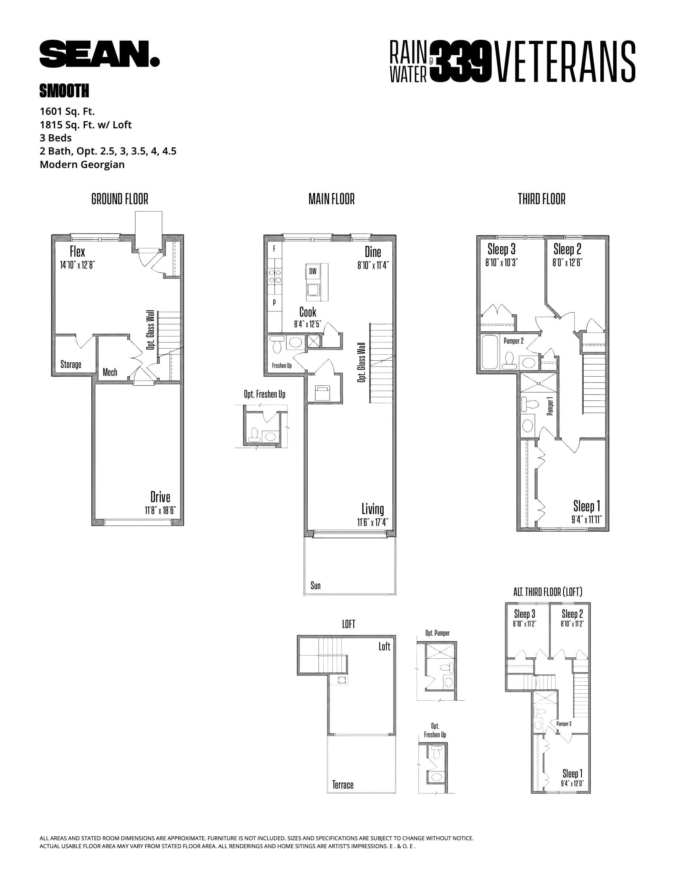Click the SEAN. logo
[x=99, y=54]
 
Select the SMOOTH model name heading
[x=64, y=91]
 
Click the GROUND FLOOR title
[x=120, y=199]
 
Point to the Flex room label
[x=77, y=252]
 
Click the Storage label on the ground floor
[x=71, y=364]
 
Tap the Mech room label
[x=110, y=372]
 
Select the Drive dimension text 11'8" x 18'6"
[x=160, y=510]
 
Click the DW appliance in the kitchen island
[x=313, y=271]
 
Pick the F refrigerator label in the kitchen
[x=274, y=249]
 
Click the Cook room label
[x=307, y=312]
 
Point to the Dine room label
[x=373, y=252]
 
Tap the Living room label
[x=373, y=509]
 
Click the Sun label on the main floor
[x=316, y=586]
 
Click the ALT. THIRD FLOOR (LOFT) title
[x=548, y=592]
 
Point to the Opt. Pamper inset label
[x=437, y=633]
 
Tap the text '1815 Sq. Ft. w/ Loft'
[x=86, y=125]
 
